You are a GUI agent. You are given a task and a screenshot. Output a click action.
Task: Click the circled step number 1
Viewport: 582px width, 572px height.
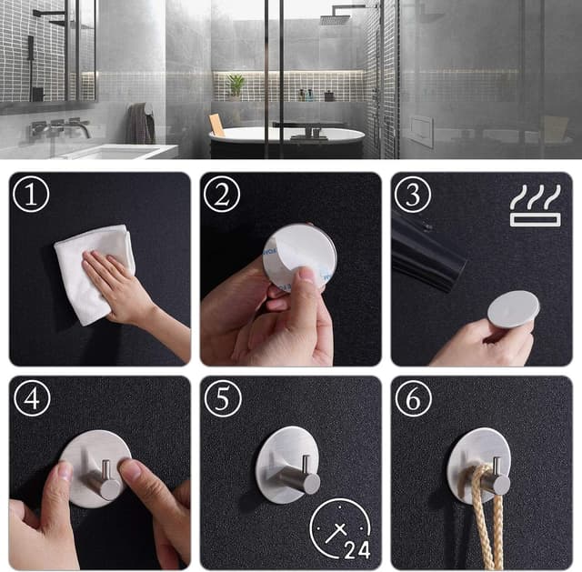31,194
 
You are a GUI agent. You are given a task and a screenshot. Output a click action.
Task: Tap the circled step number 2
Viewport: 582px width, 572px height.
221,194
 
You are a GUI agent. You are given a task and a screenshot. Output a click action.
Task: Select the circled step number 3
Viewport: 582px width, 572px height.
412,194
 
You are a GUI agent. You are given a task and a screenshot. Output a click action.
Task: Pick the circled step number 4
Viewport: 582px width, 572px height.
31,397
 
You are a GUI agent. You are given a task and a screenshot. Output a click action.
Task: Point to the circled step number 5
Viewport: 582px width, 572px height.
221,397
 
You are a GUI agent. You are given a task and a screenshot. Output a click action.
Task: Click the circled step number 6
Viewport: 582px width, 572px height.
412,397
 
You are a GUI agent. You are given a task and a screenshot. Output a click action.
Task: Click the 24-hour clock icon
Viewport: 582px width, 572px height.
339,529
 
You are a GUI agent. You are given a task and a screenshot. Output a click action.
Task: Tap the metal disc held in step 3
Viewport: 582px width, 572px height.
513,309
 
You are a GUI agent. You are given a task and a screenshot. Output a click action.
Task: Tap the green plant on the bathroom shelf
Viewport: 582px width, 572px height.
236,85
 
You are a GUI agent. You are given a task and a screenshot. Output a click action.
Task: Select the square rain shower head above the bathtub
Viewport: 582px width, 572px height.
335,18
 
